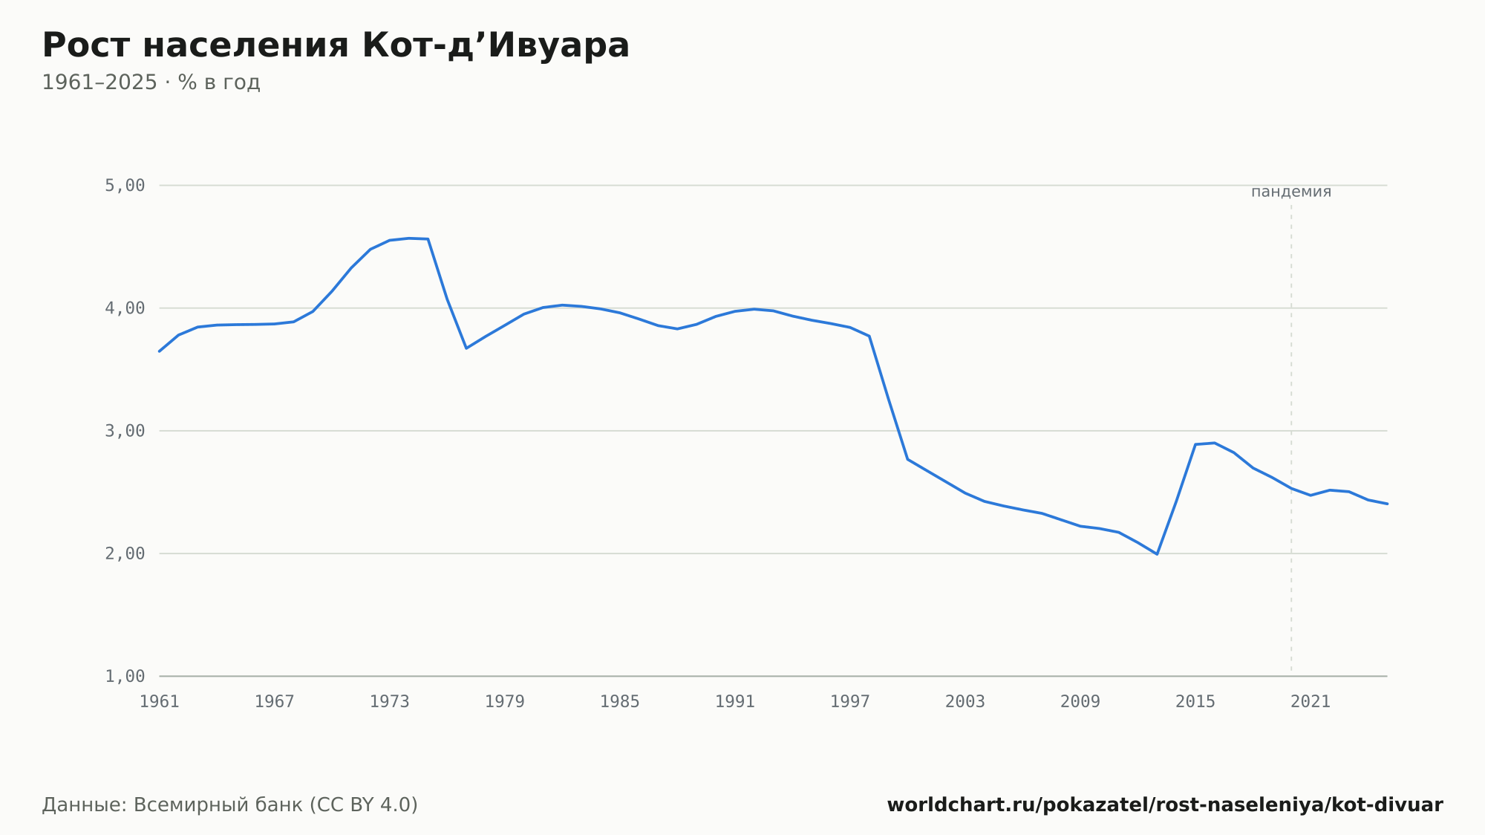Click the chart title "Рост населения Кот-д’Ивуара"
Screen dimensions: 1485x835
click(336, 45)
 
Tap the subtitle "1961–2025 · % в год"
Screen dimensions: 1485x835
click(151, 82)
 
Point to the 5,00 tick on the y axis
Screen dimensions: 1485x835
click(125, 186)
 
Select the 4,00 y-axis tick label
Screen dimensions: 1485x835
click(125, 308)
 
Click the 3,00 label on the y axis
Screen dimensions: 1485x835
click(125, 431)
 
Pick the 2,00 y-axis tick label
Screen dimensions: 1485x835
click(125, 553)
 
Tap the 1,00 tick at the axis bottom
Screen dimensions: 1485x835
click(125, 676)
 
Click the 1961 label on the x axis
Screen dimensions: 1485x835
click(160, 702)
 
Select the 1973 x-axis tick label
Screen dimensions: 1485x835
click(390, 702)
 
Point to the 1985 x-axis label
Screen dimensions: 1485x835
click(620, 702)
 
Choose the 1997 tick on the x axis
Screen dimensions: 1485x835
click(850, 702)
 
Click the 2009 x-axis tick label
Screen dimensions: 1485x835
click(1080, 702)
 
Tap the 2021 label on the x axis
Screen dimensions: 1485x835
click(1311, 702)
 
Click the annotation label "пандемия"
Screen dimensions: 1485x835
click(1291, 192)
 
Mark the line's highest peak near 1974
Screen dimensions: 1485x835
click(409, 238)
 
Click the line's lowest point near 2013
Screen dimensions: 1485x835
click(1157, 554)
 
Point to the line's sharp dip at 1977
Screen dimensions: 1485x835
click(466, 348)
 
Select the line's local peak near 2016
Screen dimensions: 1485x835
click(1214, 443)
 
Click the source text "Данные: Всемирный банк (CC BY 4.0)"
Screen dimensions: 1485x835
click(230, 805)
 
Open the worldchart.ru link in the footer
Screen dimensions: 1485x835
click(1165, 805)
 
